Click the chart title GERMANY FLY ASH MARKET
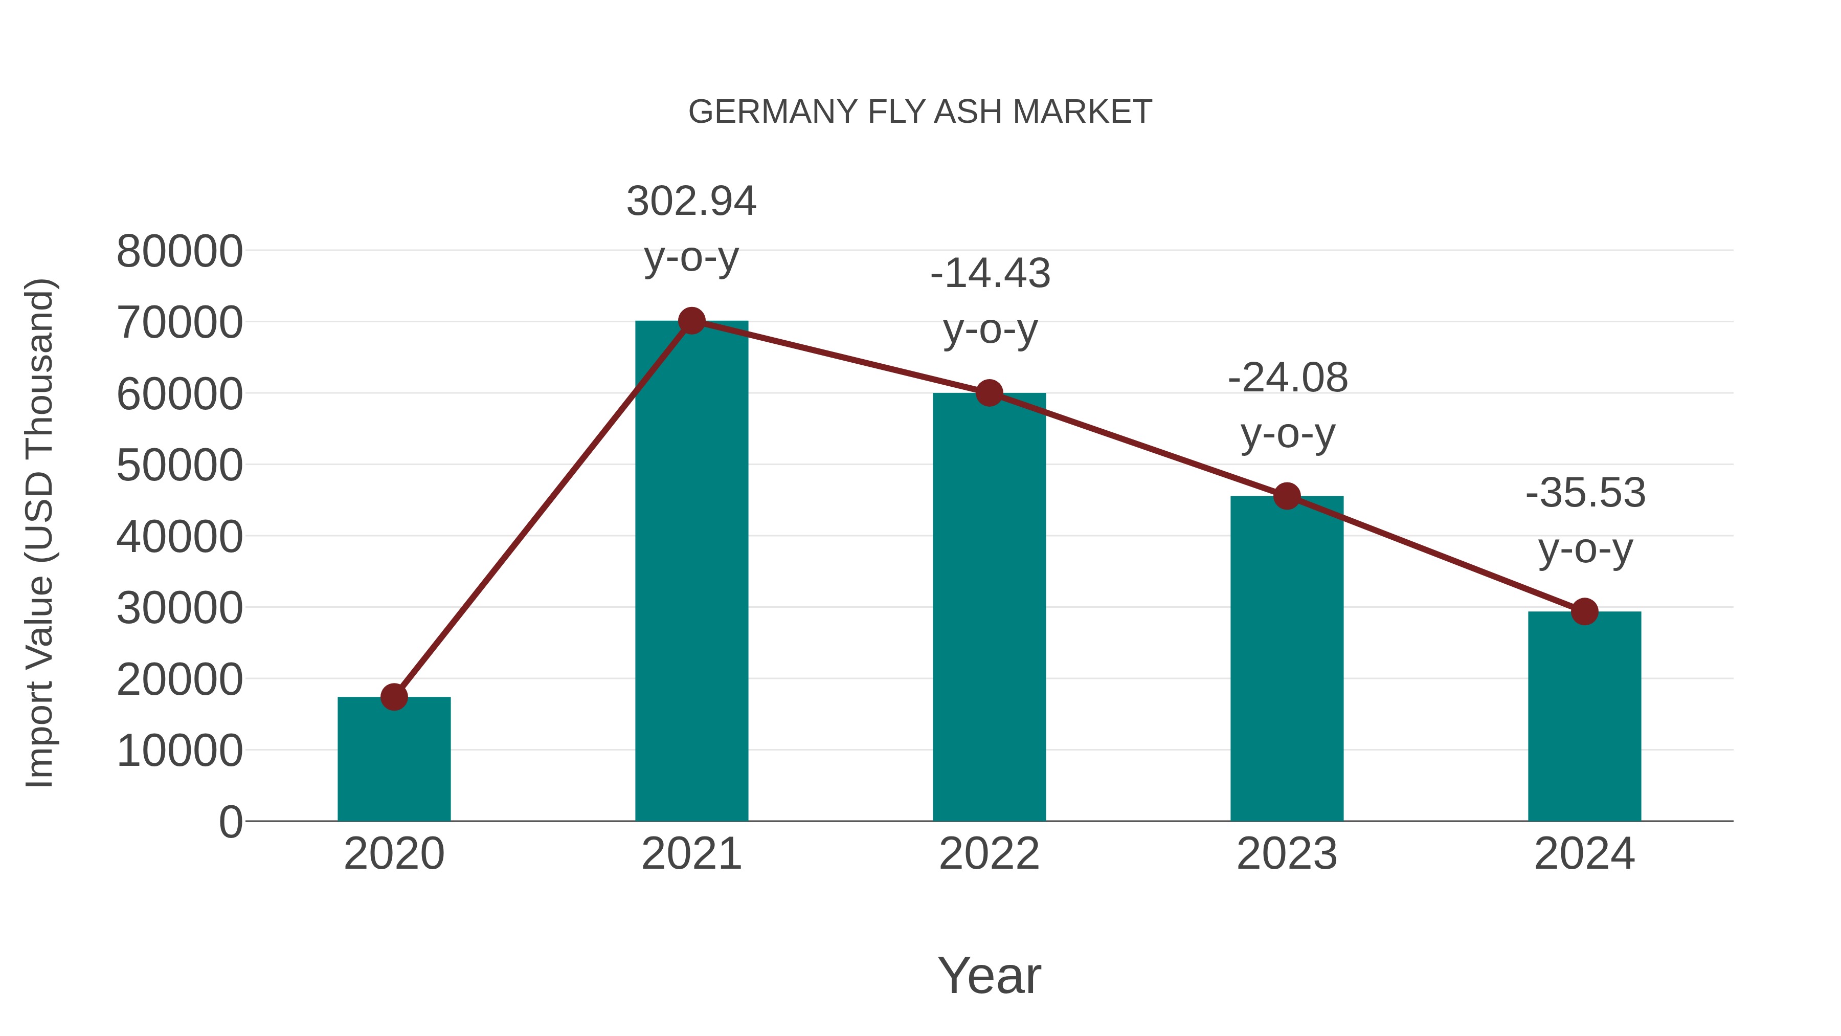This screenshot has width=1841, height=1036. point(920,112)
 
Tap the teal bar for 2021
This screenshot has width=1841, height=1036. point(691,572)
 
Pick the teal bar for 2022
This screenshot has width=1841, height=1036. point(989,608)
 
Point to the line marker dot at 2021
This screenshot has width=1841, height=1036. point(691,321)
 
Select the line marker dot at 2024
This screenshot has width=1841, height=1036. point(1584,612)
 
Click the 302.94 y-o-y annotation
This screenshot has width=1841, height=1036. point(691,229)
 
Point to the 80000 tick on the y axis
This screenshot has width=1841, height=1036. point(179,252)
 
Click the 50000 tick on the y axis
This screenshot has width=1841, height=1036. point(179,466)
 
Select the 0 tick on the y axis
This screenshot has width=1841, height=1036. point(230,822)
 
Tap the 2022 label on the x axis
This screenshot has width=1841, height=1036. point(989,854)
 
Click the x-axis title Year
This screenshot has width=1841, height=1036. point(989,975)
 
